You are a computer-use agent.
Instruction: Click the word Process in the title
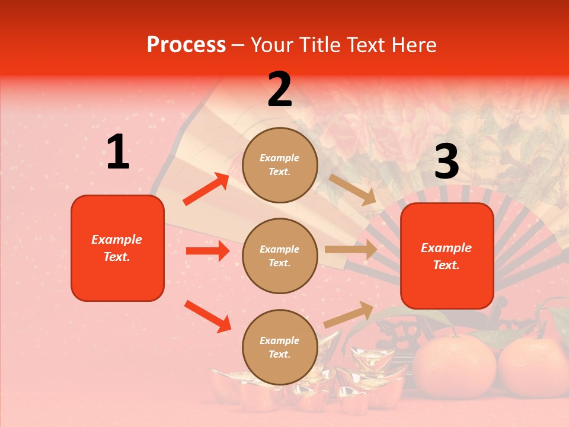point(186,45)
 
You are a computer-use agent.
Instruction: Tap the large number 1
point(118,152)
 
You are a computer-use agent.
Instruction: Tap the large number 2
point(280,90)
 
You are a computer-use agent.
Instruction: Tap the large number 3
point(446,161)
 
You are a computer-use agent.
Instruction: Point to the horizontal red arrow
point(207,251)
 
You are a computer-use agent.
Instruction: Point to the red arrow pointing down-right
point(207,316)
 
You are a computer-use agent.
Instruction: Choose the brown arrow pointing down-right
point(353,190)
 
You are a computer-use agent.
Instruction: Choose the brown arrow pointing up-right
point(349,314)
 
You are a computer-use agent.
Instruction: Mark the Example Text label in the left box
point(117,248)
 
